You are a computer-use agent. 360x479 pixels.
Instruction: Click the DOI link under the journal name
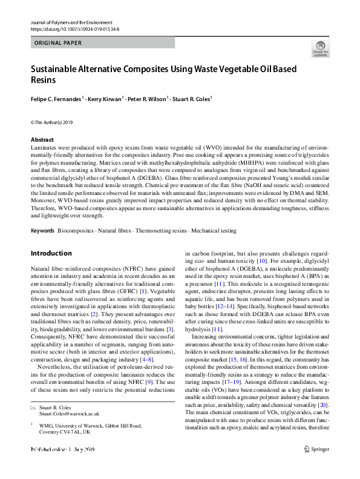click(75, 29)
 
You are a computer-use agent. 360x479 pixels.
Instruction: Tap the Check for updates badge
click(321, 49)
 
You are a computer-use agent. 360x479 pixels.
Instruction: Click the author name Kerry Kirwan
click(105, 98)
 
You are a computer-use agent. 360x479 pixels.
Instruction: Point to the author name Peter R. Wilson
click(147, 98)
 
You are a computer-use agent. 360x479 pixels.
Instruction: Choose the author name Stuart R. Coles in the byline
click(191, 98)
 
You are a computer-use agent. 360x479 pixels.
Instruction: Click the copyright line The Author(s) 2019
click(53, 122)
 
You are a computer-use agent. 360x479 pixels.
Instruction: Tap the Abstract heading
click(41, 140)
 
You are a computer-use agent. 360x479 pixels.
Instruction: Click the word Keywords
click(42, 231)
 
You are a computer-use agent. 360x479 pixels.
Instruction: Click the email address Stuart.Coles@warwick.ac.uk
click(70, 414)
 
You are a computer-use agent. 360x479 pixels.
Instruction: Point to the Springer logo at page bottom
click(316, 449)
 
